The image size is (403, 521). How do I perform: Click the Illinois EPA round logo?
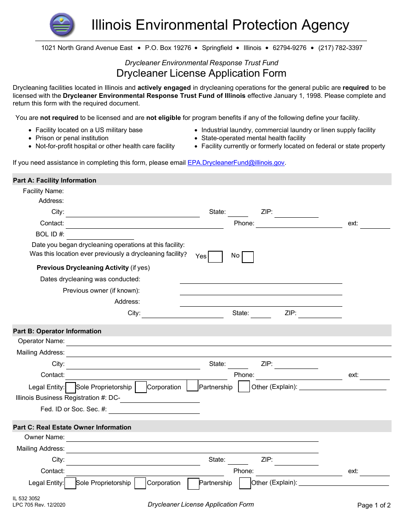click(62, 25)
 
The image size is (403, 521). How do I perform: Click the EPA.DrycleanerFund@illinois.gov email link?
click(236, 163)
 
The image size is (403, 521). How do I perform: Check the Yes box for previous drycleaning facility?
click(215, 257)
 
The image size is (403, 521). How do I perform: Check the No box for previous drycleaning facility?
click(248, 257)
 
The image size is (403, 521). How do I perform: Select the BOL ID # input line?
click(100, 235)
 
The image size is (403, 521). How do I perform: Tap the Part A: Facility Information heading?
click(55, 180)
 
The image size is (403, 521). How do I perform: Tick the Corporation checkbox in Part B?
click(141, 387)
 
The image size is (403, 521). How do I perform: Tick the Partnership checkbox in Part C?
click(193, 483)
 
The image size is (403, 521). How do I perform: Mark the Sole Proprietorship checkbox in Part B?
click(70, 387)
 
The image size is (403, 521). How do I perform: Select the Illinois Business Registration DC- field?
click(160, 399)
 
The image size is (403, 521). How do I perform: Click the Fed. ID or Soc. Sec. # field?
click(154, 410)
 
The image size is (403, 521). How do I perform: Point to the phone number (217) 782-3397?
click(340, 48)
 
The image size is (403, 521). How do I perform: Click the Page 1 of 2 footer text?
click(374, 505)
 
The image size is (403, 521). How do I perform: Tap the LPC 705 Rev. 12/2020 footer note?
click(39, 505)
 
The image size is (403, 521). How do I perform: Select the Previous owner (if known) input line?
click(260, 291)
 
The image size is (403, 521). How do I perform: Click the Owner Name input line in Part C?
click(192, 438)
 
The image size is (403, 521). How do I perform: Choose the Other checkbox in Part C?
click(245, 483)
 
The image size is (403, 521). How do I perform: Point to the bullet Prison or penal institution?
click(72, 138)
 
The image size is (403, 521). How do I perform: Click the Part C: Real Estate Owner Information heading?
click(72, 427)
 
